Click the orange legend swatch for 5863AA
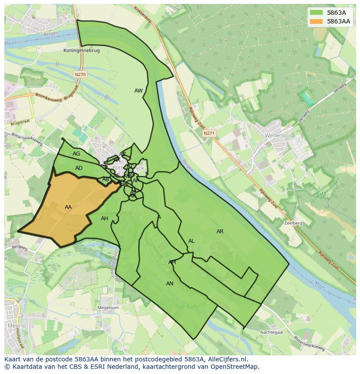(x=317, y=21)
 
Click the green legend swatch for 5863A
(x=317, y=13)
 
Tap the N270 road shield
(x=80, y=75)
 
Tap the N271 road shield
(x=209, y=134)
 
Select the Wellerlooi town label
(x=277, y=136)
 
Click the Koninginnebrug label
(x=81, y=51)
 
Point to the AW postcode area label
(x=138, y=91)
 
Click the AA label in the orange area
(x=68, y=207)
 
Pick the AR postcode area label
(x=220, y=232)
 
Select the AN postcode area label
(x=170, y=284)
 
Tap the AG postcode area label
(x=77, y=154)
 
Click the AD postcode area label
(x=79, y=168)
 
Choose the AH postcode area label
(x=104, y=218)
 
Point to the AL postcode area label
(x=191, y=241)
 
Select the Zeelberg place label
(x=293, y=223)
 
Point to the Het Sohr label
(x=187, y=307)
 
